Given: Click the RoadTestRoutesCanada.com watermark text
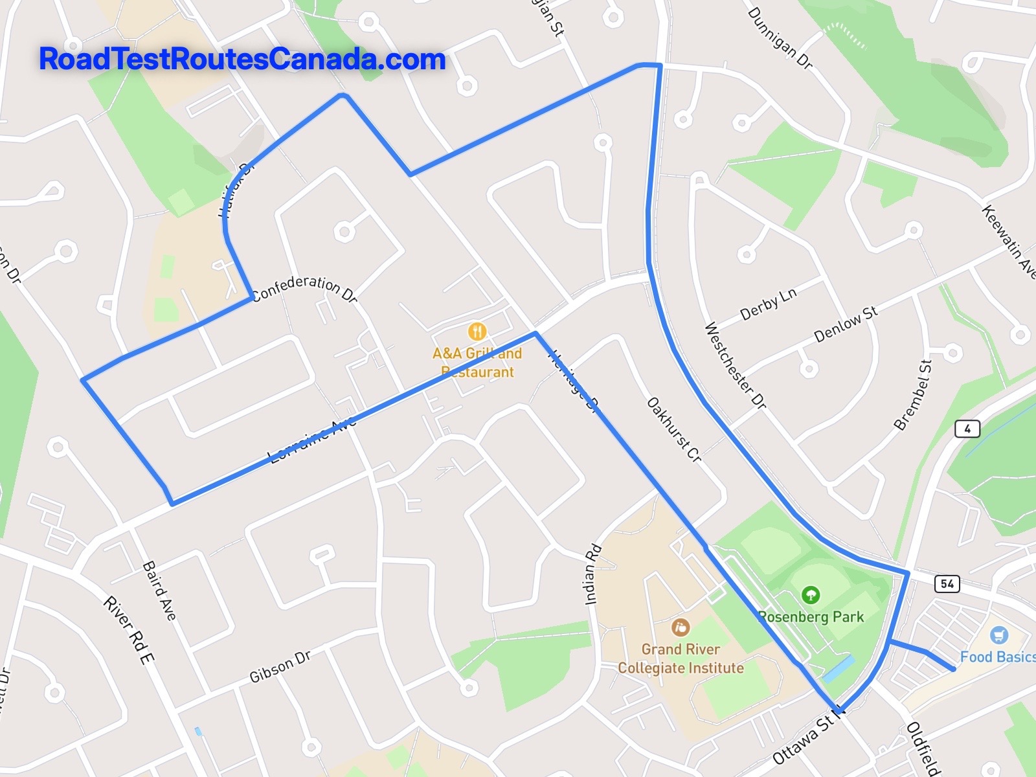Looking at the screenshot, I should (242, 60).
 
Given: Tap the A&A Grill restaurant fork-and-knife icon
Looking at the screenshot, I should (477, 332).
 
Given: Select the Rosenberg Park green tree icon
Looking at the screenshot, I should (810, 594).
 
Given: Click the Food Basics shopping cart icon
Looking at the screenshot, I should (1000, 635).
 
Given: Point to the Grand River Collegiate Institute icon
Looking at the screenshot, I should (680, 627).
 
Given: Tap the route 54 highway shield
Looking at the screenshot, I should (947, 583).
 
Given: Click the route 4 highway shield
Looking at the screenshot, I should (967, 429).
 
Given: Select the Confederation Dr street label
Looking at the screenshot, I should (304, 289).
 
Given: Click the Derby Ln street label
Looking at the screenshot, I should (768, 304).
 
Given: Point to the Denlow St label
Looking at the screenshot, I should (846, 324).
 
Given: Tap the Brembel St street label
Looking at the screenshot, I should (913, 395).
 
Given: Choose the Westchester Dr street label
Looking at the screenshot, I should (735, 365).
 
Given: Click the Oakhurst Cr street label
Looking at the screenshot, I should (674, 430).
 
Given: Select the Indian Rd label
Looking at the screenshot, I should (593, 574).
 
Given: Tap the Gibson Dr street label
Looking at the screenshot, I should (280, 667).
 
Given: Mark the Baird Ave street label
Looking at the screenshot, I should (159, 591).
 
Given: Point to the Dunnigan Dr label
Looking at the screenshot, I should (780, 38).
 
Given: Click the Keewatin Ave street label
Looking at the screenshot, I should (1008, 242).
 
